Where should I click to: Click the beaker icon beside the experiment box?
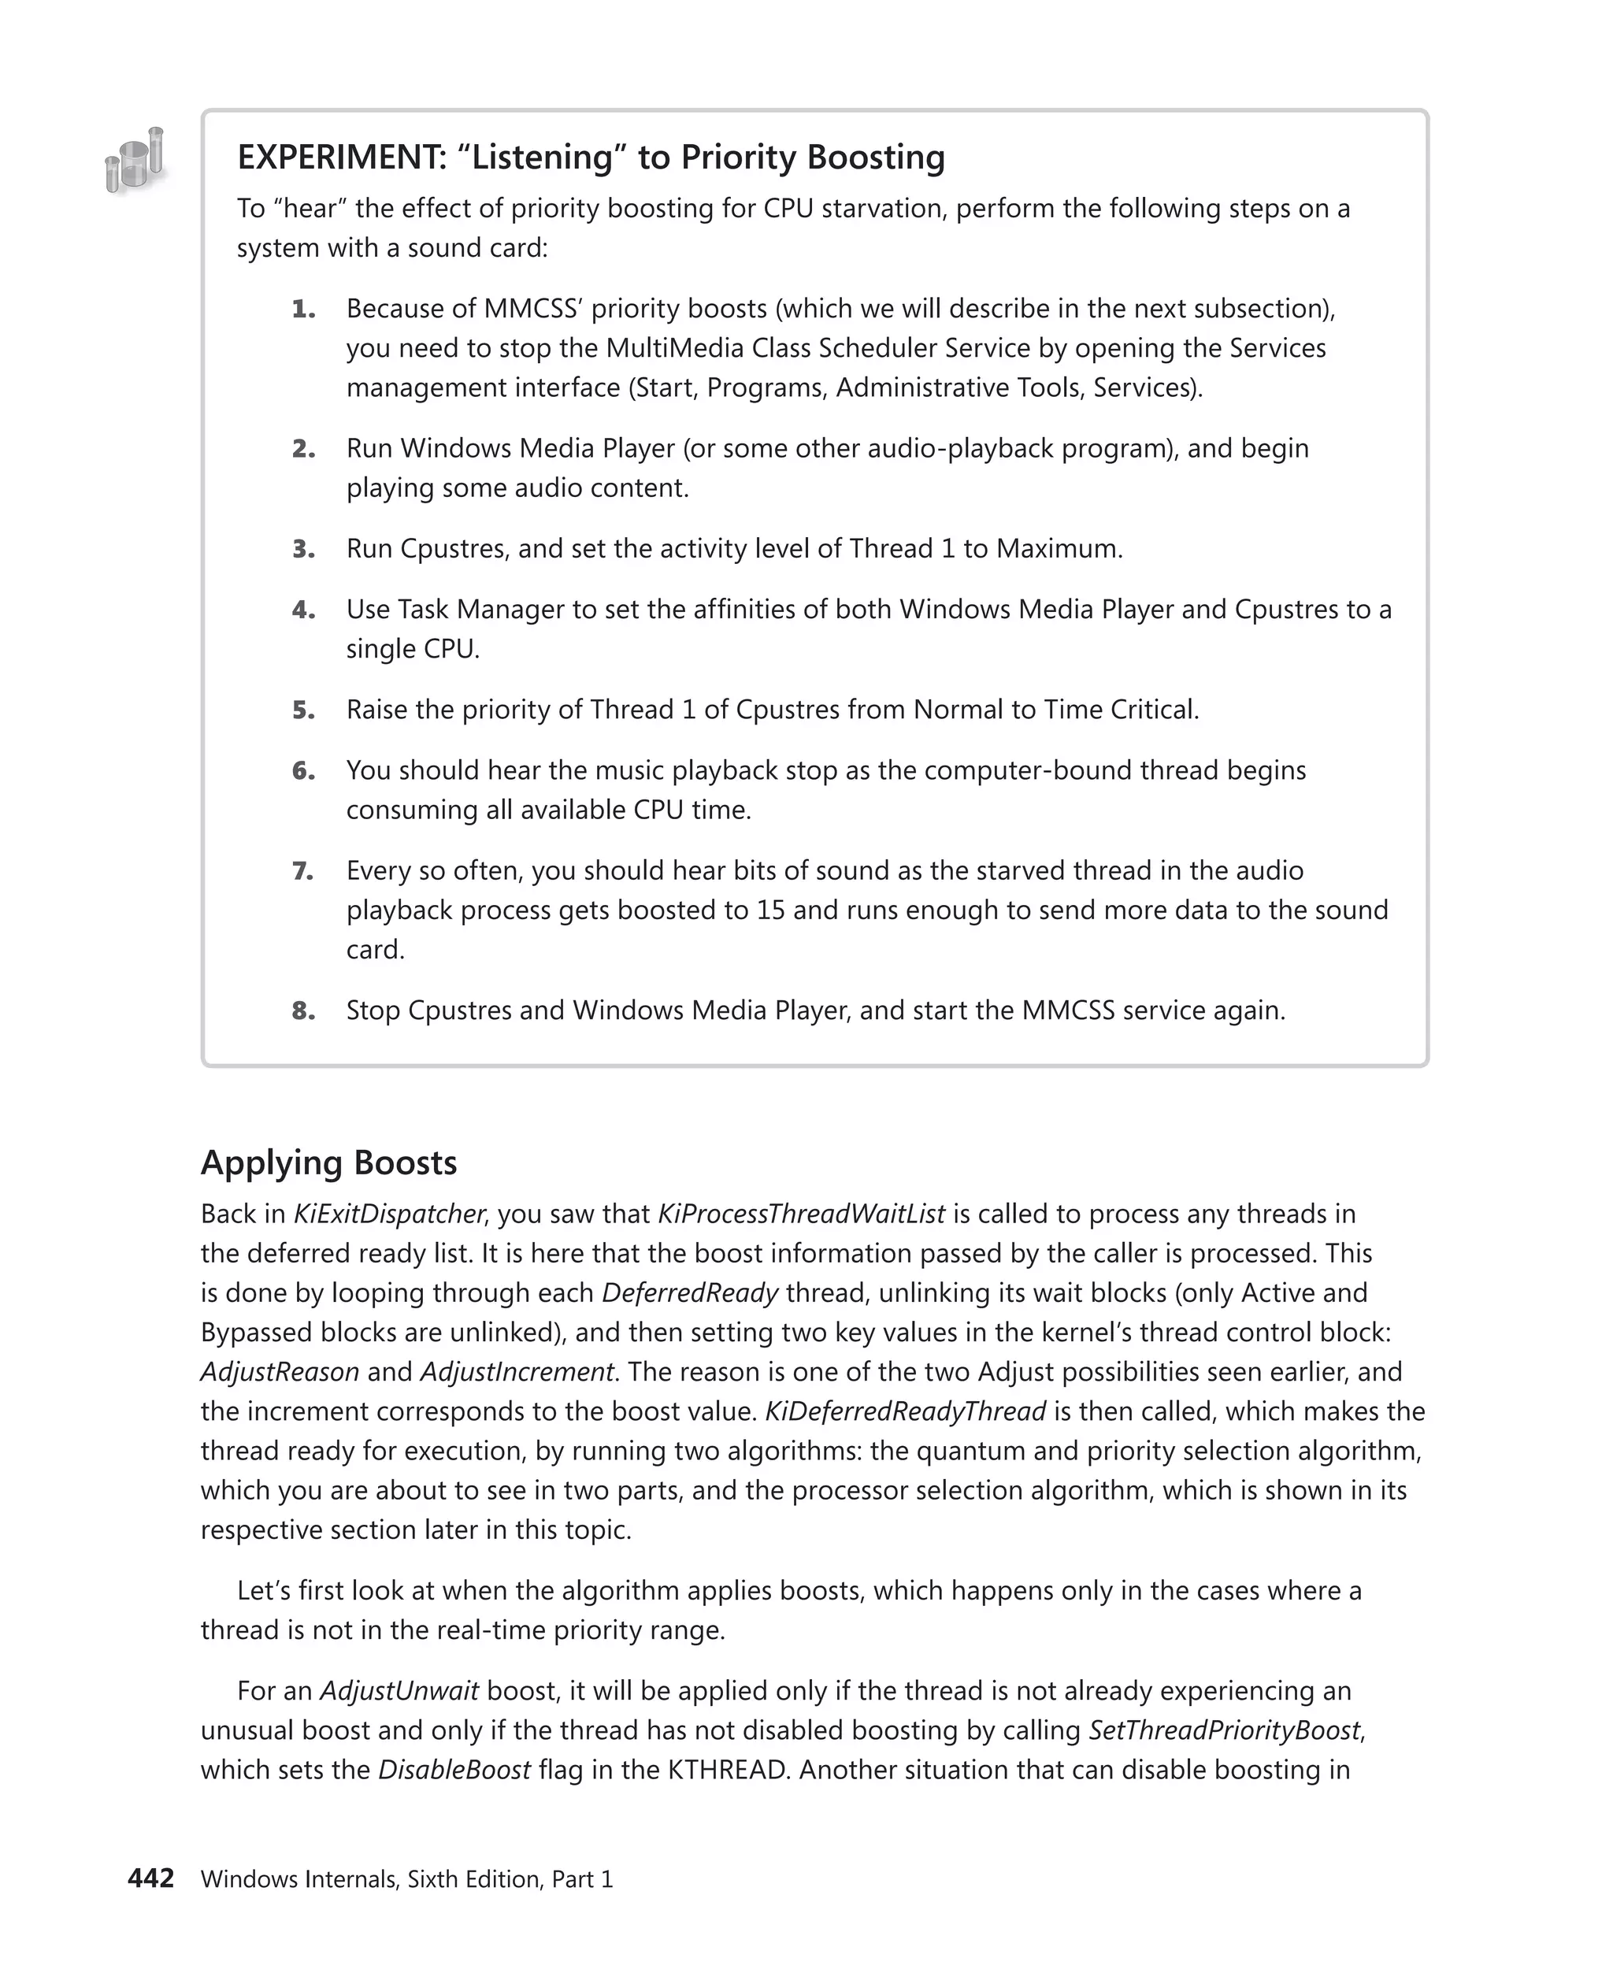tap(135, 161)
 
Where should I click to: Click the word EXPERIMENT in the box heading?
tap(340, 157)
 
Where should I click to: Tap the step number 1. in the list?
tap(303, 309)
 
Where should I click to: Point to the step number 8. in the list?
tap(303, 1011)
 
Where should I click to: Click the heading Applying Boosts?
tap(329, 1163)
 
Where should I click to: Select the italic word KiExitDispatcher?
tap(388, 1214)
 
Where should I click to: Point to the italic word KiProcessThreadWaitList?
tap(801, 1214)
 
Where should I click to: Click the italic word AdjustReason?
tap(280, 1373)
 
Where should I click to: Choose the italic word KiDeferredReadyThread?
tap(905, 1411)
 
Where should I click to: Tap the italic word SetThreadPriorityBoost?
tap(1224, 1731)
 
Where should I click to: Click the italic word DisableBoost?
tap(454, 1771)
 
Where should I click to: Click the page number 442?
tap(150, 1879)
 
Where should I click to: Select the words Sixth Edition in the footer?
tap(475, 1880)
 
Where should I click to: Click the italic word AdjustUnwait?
tap(399, 1691)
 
